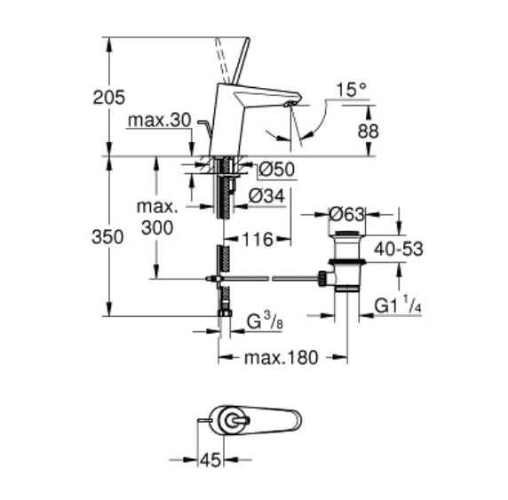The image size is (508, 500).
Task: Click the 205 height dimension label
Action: (x=108, y=97)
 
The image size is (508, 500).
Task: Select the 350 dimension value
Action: (x=107, y=237)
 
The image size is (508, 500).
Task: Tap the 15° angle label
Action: (x=352, y=90)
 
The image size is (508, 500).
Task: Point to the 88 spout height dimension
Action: (x=368, y=131)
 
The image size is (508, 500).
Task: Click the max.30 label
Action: (x=160, y=121)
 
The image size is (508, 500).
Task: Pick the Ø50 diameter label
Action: (x=277, y=169)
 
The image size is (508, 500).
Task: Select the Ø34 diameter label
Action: (x=266, y=196)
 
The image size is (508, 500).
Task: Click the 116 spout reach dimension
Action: (x=258, y=240)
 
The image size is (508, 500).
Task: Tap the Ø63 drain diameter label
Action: (x=347, y=215)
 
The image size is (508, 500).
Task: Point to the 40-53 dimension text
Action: (x=399, y=250)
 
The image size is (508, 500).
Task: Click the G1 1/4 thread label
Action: (x=398, y=305)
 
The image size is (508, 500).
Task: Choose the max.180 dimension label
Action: (x=282, y=358)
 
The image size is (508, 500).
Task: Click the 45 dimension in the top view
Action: (x=210, y=460)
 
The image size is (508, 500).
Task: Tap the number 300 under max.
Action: (x=157, y=228)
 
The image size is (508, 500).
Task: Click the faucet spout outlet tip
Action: (x=289, y=104)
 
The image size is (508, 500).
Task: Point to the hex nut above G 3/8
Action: (x=225, y=313)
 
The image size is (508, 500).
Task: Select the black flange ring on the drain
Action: (x=347, y=262)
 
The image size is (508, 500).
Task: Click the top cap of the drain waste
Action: (x=347, y=233)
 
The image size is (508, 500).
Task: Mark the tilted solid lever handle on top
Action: (x=241, y=60)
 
